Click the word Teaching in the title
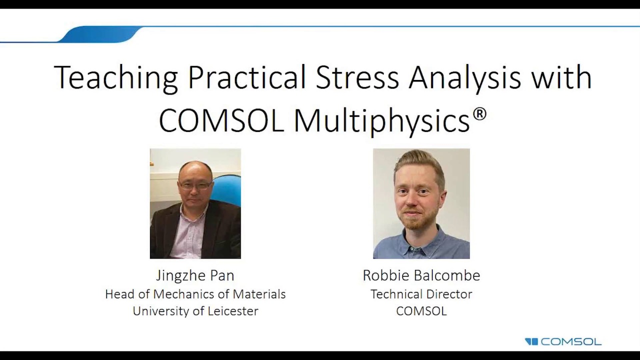click(115, 77)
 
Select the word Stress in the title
click(357, 77)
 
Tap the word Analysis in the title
click(464, 77)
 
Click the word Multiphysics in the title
click(381, 120)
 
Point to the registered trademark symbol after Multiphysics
click(479, 114)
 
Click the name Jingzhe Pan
click(195, 275)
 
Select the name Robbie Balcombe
click(421, 275)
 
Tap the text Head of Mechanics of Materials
click(195, 294)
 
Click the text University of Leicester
click(195, 311)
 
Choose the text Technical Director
click(421, 294)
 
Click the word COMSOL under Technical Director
click(421, 311)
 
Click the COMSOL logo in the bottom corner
click(563, 342)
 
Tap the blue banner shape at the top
click(100, 34)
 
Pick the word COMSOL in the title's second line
click(221, 120)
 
